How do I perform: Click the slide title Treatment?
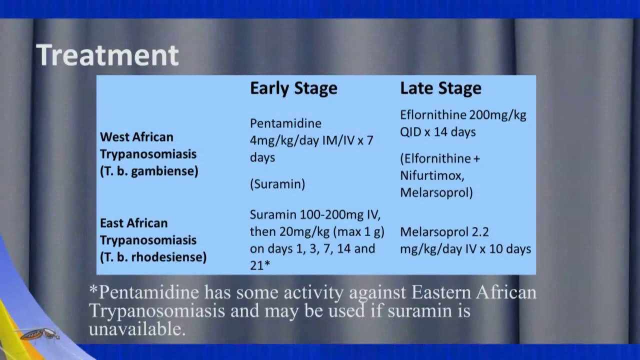click(x=107, y=55)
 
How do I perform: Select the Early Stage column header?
click(x=293, y=88)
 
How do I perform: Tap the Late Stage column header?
click(x=440, y=88)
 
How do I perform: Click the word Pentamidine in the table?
click(x=285, y=123)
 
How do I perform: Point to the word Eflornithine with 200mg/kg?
click(x=433, y=115)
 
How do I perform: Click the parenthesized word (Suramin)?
click(x=277, y=184)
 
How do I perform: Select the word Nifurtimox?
click(x=432, y=175)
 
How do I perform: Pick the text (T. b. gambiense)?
click(x=149, y=171)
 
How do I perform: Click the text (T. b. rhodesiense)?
click(x=153, y=257)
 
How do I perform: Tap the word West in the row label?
click(x=113, y=137)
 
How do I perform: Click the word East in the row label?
click(x=111, y=223)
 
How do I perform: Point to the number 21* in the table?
click(x=260, y=265)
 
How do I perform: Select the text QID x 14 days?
click(x=437, y=132)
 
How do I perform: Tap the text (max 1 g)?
click(x=361, y=232)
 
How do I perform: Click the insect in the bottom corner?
click(x=40, y=334)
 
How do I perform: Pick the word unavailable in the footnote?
click(x=137, y=329)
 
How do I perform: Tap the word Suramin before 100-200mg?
click(x=273, y=215)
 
